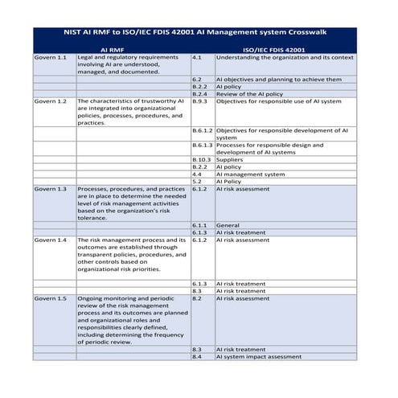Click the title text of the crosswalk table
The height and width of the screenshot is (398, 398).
pos(199,34)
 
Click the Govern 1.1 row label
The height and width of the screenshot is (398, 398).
pos(50,58)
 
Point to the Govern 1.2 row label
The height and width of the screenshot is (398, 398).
pos(50,101)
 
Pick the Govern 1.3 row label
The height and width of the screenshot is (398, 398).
pos(50,188)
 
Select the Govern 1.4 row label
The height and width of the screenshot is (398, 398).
pos(50,240)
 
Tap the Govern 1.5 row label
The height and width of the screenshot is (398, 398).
pos(50,298)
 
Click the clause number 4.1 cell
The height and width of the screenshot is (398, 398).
pos(197,58)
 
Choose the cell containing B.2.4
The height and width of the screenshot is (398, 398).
pos(200,94)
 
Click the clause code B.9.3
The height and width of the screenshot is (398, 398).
pos(200,101)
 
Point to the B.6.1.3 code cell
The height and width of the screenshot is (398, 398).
pos(203,145)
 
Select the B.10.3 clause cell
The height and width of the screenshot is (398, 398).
pos(202,159)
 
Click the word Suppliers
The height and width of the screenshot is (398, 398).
pos(229,159)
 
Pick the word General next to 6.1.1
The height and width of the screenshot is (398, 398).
pos(228,225)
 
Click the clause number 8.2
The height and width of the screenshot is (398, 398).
pos(197,298)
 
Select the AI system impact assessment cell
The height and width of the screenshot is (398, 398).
pos(258,356)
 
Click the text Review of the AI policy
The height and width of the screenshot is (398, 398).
pos(249,94)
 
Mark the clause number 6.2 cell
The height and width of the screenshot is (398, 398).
pos(197,80)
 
